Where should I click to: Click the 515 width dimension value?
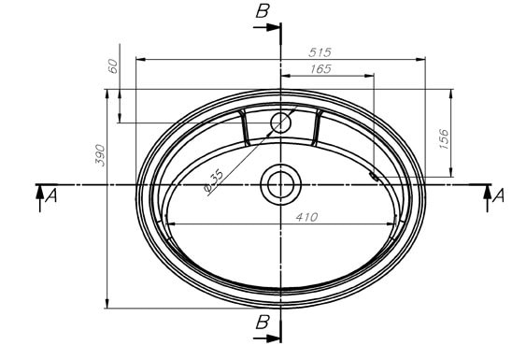click(x=320, y=52)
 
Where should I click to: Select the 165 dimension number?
click(x=320, y=69)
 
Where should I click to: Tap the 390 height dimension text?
click(x=100, y=155)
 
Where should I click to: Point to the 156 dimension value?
click(x=444, y=138)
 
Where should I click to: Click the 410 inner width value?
click(x=306, y=217)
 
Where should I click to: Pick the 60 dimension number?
click(x=113, y=66)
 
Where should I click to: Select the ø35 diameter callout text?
click(x=213, y=180)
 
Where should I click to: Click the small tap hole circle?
click(x=280, y=122)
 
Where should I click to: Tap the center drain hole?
click(x=281, y=184)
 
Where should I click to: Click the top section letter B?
click(x=263, y=11)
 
